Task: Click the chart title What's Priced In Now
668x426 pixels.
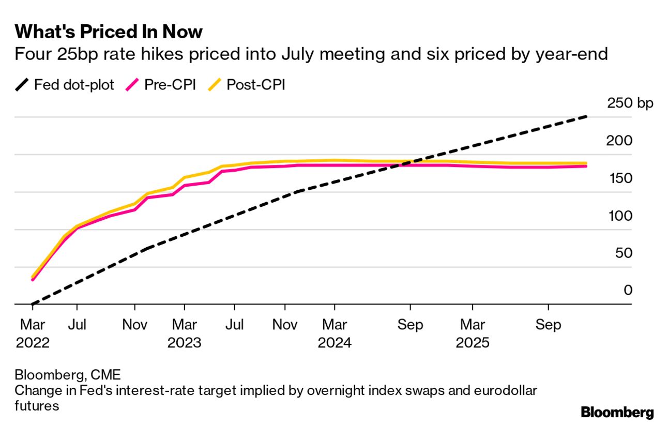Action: pyautogui.click(x=109, y=32)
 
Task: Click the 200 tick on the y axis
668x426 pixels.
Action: pyautogui.click(x=621, y=141)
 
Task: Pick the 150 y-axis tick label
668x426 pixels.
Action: pyautogui.click(x=621, y=178)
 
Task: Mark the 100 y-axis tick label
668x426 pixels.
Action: pyautogui.click(x=621, y=216)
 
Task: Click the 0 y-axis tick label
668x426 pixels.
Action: pyautogui.click(x=628, y=291)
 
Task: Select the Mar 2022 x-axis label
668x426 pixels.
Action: pyautogui.click(x=33, y=333)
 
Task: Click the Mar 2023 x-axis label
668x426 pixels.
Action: pyautogui.click(x=184, y=333)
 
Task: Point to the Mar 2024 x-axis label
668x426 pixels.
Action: pyautogui.click(x=335, y=333)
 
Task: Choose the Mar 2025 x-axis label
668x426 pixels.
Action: pyautogui.click(x=473, y=333)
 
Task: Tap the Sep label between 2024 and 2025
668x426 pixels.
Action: pyautogui.click(x=410, y=325)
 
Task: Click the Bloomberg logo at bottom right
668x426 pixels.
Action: pyautogui.click(x=617, y=413)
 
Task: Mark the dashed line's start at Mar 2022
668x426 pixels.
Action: pyautogui.click(x=32, y=304)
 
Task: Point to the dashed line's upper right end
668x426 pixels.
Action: pyautogui.click(x=586, y=117)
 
